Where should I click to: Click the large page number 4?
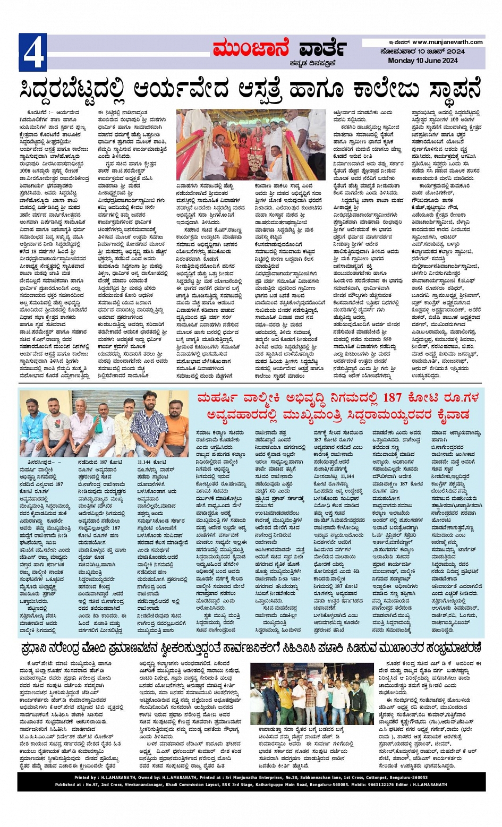[x=32, y=52]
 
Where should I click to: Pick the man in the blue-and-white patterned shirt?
[x=149, y=422]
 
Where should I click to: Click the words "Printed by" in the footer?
[x=86, y=778]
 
